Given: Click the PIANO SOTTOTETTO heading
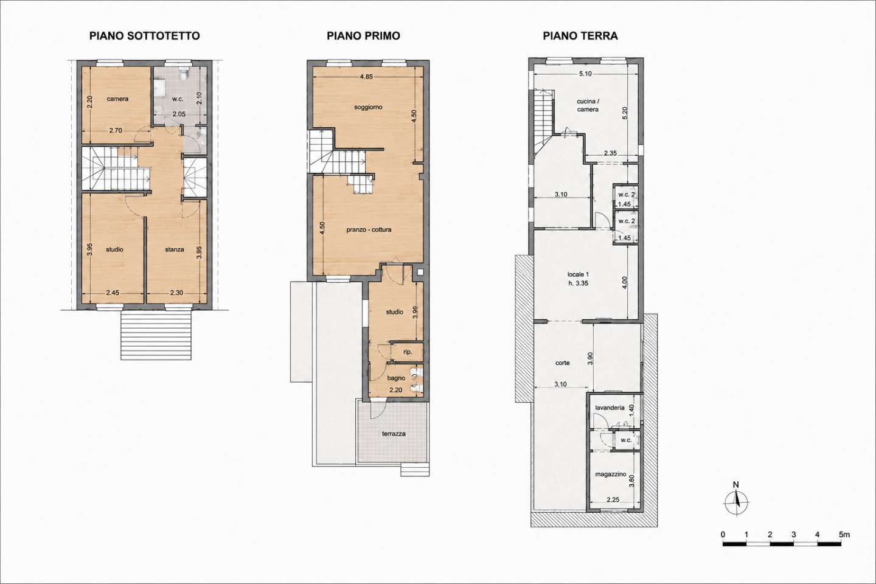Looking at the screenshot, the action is (x=145, y=36).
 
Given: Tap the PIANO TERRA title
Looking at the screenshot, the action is (x=580, y=36).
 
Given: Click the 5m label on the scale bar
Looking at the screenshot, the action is (x=844, y=535).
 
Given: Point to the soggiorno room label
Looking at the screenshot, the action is (x=368, y=107).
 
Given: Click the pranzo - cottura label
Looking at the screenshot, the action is (x=369, y=229).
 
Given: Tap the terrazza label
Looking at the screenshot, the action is (x=394, y=434).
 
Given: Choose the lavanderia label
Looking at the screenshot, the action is (x=610, y=408).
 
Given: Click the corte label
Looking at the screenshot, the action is (x=562, y=363).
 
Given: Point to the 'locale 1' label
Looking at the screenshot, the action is (x=579, y=274).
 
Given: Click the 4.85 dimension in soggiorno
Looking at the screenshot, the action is (x=366, y=77).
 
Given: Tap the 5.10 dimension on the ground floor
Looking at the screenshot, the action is (x=585, y=74).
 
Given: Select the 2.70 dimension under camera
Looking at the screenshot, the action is (x=116, y=131).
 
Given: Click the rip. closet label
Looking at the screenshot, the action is (x=408, y=352).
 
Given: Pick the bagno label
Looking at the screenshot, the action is (x=396, y=378).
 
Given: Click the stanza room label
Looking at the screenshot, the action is (x=175, y=249).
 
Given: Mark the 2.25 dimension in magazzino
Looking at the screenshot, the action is (x=613, y=499).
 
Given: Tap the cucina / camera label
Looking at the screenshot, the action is (x=588, y=105).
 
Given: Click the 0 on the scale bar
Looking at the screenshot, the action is (x=723, y=535).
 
